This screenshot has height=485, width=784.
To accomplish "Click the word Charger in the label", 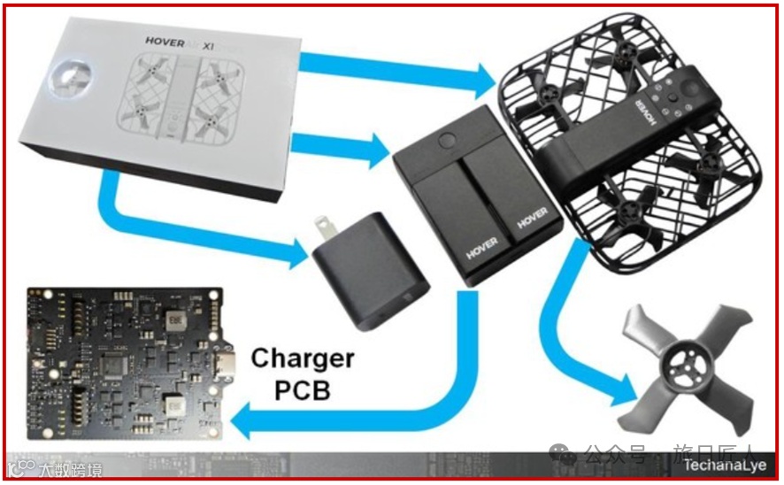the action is (x=303, y=358).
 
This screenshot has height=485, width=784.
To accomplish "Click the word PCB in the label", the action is (x=303, y=389).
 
